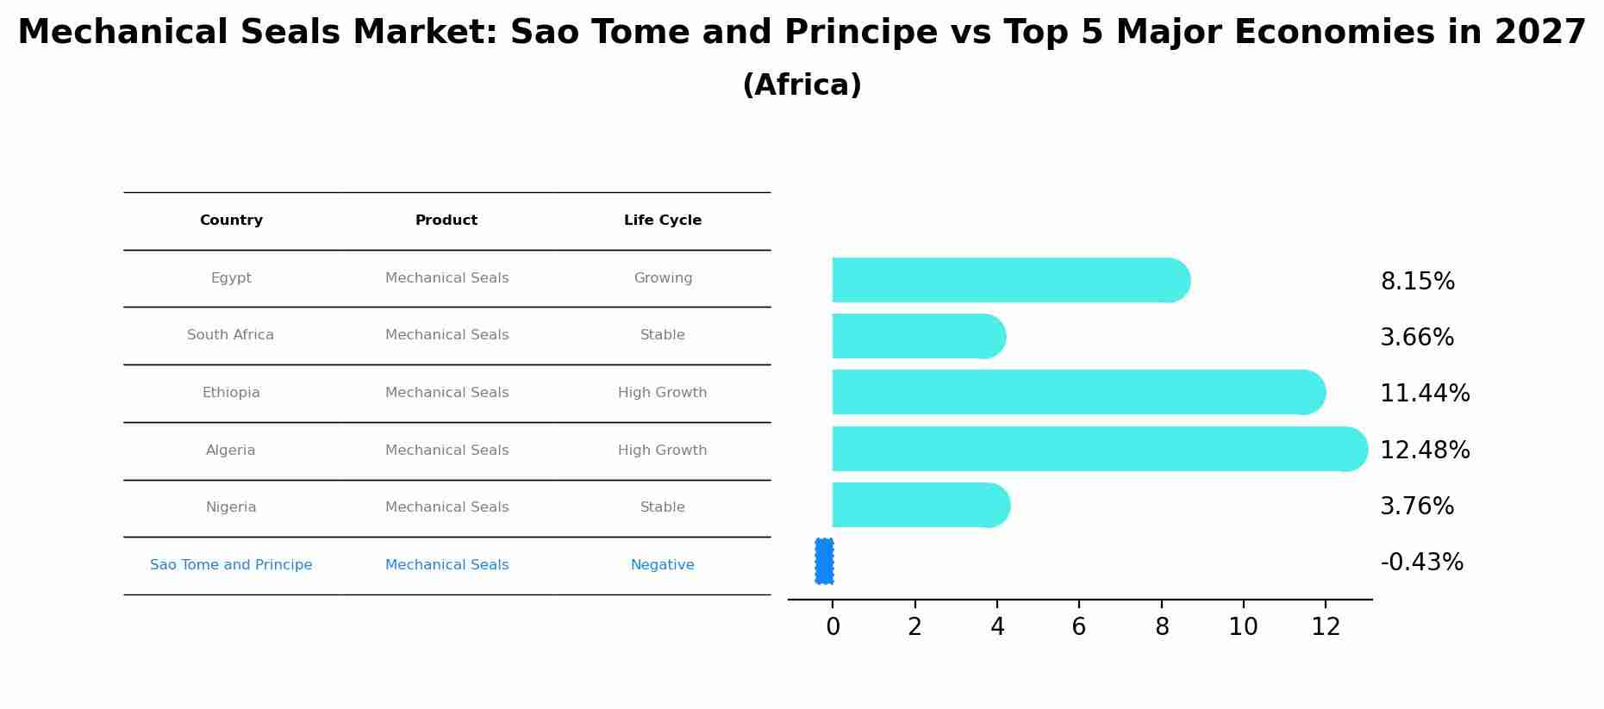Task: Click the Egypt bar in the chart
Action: point(1008,280)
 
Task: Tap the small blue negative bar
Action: point(824,562)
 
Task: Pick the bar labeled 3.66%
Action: point(917,336)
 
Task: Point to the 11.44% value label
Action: point(1424,394)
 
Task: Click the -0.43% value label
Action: point(1421,563)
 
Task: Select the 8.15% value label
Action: point(1417,282)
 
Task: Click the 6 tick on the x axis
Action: point(1078,627)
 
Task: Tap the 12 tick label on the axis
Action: point(1325,627)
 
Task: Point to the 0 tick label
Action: point(833,627)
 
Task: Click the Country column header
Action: point(231,221)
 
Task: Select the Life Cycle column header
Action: point(662,221)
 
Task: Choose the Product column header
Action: point(446,221)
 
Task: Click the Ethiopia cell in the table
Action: point(231,393)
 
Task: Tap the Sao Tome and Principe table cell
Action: point(231,565)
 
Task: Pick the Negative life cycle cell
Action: point(662,565)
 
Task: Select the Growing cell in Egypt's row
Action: point(662,278)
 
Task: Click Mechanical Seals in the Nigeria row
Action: point(446,507)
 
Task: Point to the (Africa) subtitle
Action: point(802,85)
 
